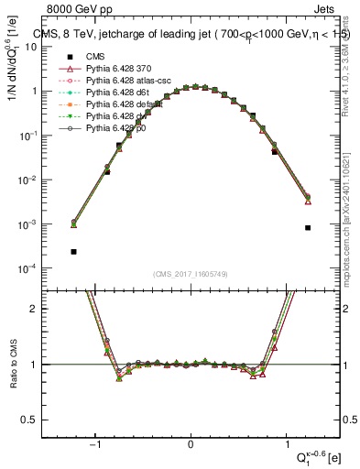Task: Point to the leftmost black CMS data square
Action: [73, 251]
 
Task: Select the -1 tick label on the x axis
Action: [95, 443]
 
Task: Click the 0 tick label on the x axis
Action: [191, 443]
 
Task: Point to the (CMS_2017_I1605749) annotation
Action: [191, 274]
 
